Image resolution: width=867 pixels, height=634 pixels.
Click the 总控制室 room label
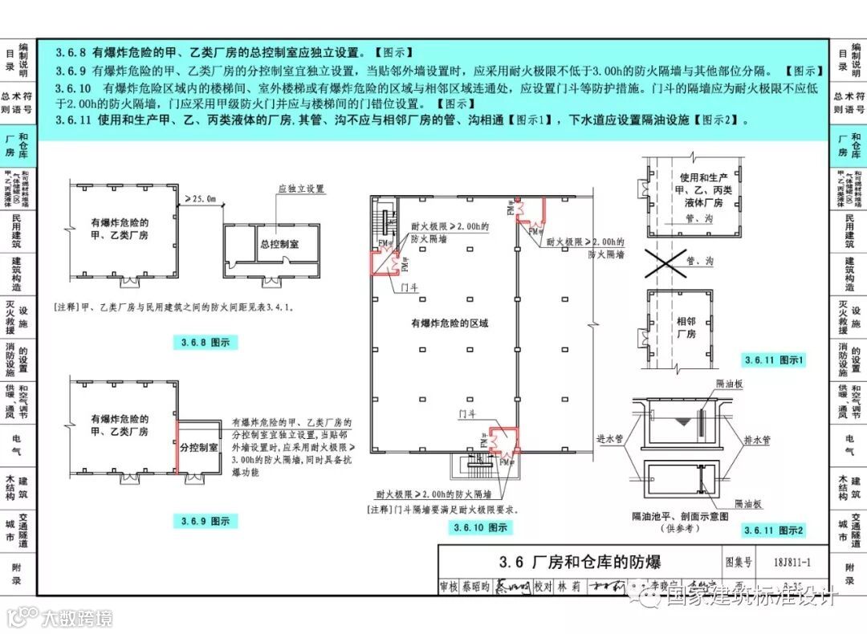279,244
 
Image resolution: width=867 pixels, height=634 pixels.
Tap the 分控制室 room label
199,447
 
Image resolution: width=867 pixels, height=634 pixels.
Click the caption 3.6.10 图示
480,527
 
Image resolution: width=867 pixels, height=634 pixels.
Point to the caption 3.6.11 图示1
774,360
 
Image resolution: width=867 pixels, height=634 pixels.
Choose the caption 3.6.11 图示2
774,530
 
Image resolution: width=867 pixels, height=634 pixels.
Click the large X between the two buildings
682,262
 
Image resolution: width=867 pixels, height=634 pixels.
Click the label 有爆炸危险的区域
450,323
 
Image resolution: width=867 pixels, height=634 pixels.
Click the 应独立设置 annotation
301,189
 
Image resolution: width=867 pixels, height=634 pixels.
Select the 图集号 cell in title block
739,562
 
